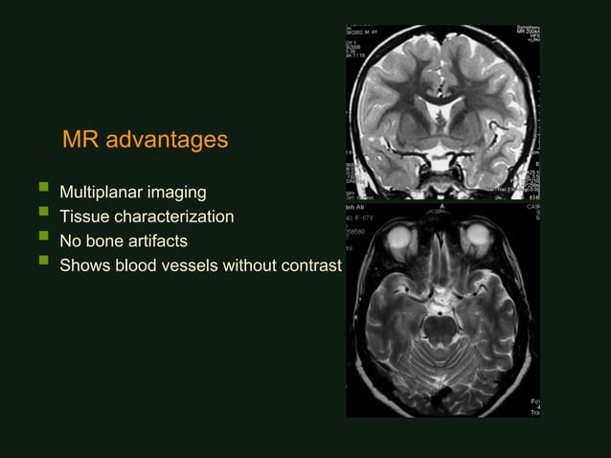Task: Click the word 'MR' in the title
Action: click(79, 141)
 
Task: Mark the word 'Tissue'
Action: click(84, 218)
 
